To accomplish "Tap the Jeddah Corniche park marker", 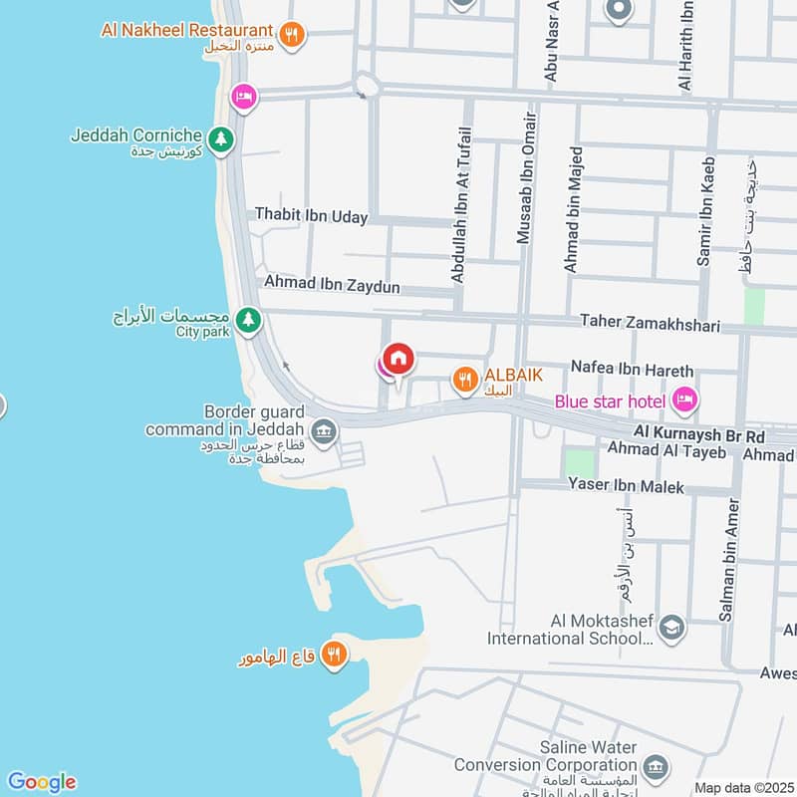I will pyautogui.click(x=221, y=140).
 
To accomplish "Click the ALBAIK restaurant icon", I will pyautogui.click(x=463, y=380).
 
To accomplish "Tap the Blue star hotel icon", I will pyautogui.click(x=683, y=400).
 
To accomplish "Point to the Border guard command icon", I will pyautogui.click(x=323, y=431).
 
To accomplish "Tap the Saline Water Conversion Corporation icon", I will pyautogui.click(x=655, y=767).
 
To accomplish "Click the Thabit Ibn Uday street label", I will pyautogui.click(x=311, y=216).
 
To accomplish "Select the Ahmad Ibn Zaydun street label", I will pyautogui.click(x=332, y=286).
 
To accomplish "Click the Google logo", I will pyautogui.click(x=41, y=782).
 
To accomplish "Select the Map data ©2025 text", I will pyautogui.click(x=743, y=787).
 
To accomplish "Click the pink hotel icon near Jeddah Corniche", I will pyautogui.click(x=242, y=97).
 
